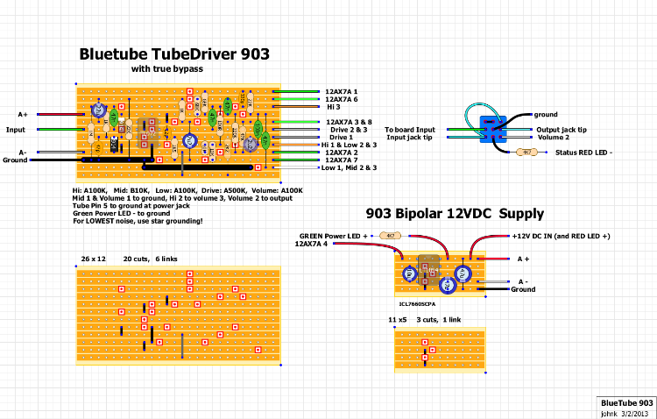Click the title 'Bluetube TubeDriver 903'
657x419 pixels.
[173, 53]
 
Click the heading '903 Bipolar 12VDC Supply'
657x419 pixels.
[455, 214]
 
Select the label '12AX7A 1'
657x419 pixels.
[342, 91]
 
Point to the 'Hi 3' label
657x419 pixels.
[333, 107]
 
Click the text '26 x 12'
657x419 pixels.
[93, 259]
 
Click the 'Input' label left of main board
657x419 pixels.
[16, 130]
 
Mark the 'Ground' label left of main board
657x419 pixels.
[15, 160]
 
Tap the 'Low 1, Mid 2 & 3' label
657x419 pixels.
[349, 167]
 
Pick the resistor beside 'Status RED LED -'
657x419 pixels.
[526, 152]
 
